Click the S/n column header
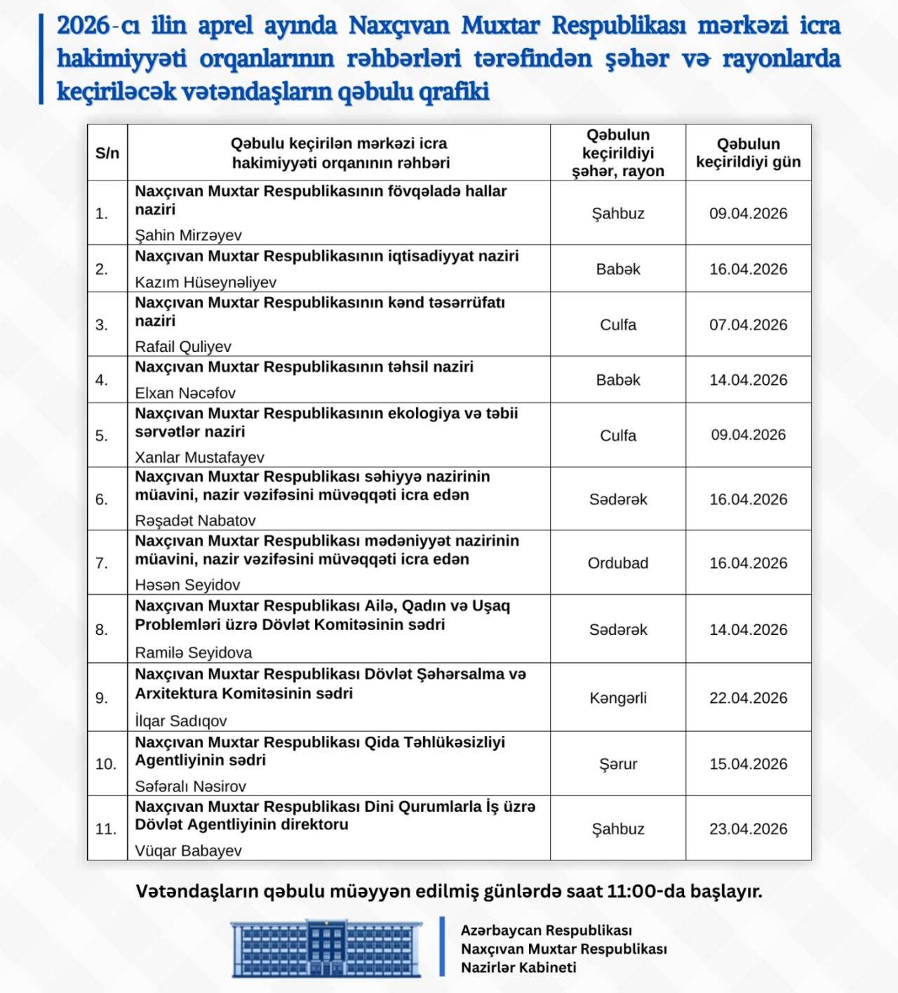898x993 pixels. pyautogui.click(x=107, y=153)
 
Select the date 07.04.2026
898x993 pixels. pyautogui.click(x=748, y=325)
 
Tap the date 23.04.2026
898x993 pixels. pyautogui.click(x=748, y=829)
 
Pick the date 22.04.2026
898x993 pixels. pyautogui.click(x=748, y=698)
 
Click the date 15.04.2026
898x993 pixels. pyautogui.click(x=748, y=764)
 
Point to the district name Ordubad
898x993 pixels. pyautogui.click(x=618, y=563)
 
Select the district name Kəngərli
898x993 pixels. pyautogui.click(x=618, y=698)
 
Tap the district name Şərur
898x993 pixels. pyautogui.click(x=618, y=764)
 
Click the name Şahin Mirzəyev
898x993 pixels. pyautogui.click(x=188, y=235)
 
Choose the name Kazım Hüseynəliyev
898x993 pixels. pyautogui.click(x=206, y=282)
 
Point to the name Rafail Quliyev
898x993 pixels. pyautogui.click(x=183, y=347)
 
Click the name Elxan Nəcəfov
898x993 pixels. pyautogui.click(x=185, y=393)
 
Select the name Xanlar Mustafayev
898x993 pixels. pyautogui.click(x=199, y=458)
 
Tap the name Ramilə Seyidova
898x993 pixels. pyautogui.click(x=194, y=653)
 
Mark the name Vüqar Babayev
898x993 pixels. pyautogui.click(x=188, y=851)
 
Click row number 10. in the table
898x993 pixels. pyautogui.click(x=106, y=764)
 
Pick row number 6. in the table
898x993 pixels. pyautogui.click(x=102, y=499)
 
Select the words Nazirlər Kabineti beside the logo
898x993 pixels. pyautogui.click(x=518, y=968)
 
